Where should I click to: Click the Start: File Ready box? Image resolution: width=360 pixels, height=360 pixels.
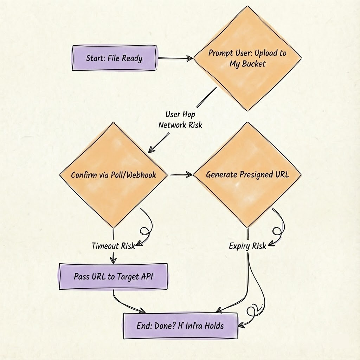coord(114,58)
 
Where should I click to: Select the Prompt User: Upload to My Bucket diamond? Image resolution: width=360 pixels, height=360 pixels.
coord(247,58)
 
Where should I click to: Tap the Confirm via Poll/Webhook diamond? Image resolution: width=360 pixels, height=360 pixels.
coord(113,175)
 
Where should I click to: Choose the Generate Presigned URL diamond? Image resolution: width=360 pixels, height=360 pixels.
coord(247,174)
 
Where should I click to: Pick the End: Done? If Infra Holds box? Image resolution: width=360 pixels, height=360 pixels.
coord(180,326)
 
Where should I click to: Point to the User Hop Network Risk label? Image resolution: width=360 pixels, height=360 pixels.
coord(180,120)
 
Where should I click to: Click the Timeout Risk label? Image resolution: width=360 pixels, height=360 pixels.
coord(113,246)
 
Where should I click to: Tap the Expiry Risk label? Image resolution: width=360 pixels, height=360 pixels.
coord(247,246)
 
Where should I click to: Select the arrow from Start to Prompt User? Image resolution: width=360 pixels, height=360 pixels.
coord(175,58)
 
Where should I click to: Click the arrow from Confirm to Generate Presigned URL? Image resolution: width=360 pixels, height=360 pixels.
coord(181,174)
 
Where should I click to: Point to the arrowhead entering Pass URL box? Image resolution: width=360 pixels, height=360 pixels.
coord(113,261)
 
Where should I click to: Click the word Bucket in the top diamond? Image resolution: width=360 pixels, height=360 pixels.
coord(253,64)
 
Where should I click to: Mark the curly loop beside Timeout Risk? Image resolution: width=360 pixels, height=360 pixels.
coord(145,230)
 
